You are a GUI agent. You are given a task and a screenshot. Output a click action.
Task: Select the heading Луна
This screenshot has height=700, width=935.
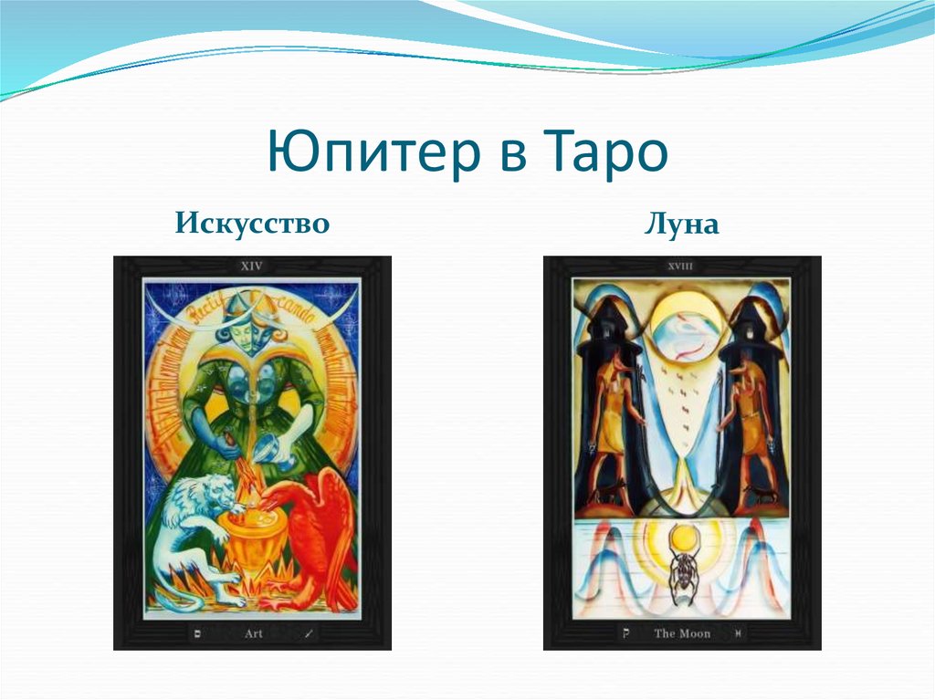click(x=681, y=224)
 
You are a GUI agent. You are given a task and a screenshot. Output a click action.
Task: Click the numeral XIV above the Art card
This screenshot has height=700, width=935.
click(x=251, y=267)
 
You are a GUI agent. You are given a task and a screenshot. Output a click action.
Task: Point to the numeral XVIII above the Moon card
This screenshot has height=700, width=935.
click(x=681, y=267)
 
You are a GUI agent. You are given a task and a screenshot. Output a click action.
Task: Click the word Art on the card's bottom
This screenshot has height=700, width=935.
click(x=253, y=632)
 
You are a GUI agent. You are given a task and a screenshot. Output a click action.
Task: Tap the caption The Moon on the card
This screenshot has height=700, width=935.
click(x=681, y=632)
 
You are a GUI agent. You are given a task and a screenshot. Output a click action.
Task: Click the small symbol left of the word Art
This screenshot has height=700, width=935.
click(x=197, y=632)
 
